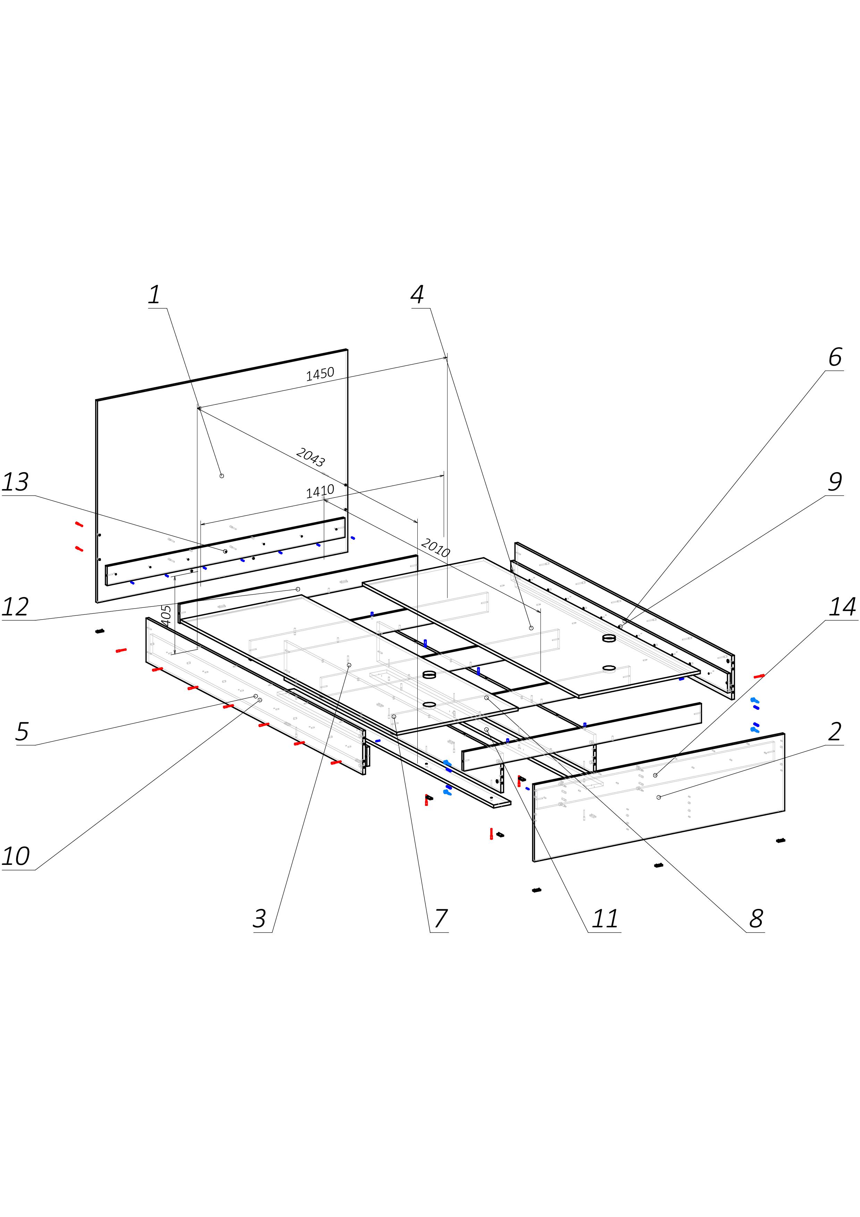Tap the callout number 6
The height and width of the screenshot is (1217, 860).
[x=835, y=358]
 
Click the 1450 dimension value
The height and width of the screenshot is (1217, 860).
[x=320, y=374]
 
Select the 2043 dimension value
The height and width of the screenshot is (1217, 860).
[x=310, y=457]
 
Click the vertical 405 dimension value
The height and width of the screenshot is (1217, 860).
[x=166, y=616]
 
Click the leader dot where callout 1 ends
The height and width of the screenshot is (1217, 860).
[x=221, y=476]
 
